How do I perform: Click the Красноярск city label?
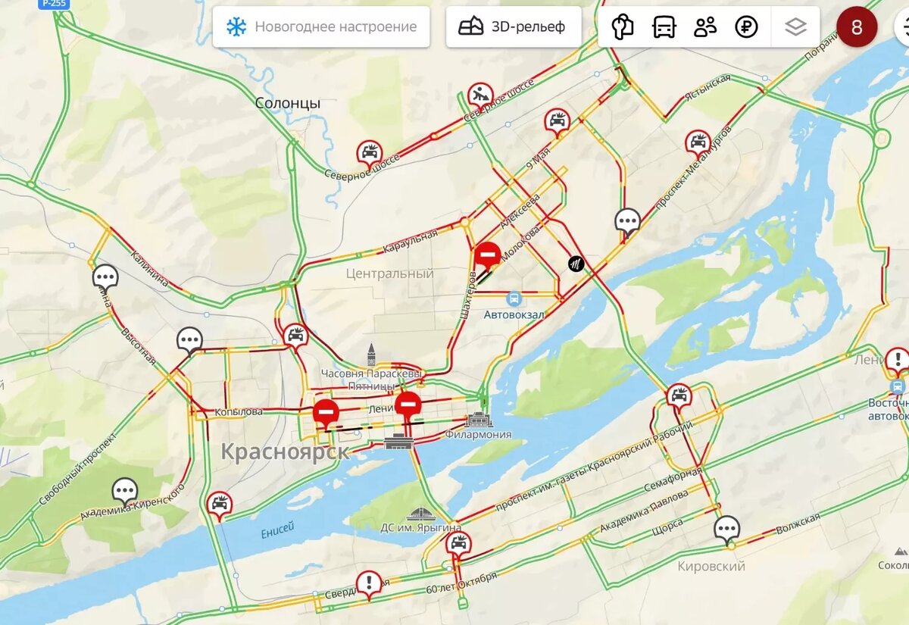tap(285, 452)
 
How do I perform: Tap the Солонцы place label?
tap(287, 103)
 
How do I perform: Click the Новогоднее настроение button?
tap(321, 27)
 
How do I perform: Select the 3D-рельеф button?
tap(513, 27)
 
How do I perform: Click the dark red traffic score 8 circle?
tap(856, 27)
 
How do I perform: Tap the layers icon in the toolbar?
tap(795, 27)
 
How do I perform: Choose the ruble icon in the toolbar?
tap(746, 27)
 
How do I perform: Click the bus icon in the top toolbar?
tap(664, 27)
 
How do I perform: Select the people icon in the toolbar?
tap(705, 27)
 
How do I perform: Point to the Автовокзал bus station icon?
tap(514, 299)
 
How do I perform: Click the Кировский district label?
tap(711, 566)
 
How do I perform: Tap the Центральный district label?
tap(389, 273)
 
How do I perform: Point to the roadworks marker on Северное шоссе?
tap(480, 95)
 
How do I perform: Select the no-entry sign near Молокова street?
tap(486, 255)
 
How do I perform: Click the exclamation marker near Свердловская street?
tap(369, 583)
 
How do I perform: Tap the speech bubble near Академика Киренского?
tap(125, 491)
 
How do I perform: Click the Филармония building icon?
tap(479, 419)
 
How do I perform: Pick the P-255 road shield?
tap(52, 4)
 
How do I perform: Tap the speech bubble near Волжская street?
tap(727, 529)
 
